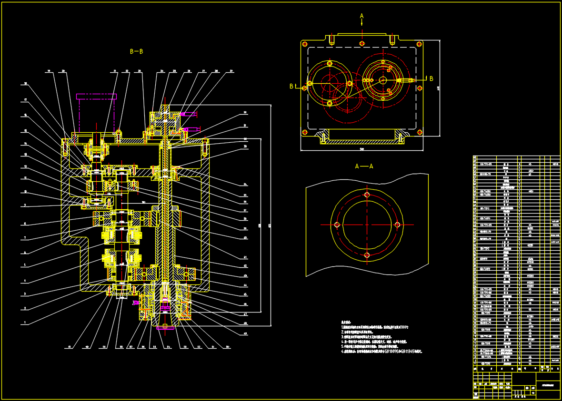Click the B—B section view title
pos(136,51)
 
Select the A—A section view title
pos(364,166)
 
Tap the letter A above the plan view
pos(361,16)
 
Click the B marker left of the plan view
pos(291,86)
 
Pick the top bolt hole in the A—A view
pos(367,195)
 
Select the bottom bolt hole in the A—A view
pos(367,255)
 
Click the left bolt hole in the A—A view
pos(337,225)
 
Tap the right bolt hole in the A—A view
pos(397,225)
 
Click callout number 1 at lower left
pos(25,323)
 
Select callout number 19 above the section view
pos(49,71)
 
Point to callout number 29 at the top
pos(231,71)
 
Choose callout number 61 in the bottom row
pos(70,347)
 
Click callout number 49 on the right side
pos(245,333)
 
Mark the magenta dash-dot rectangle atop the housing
pos(97,97)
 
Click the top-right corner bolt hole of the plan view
pos(419,44)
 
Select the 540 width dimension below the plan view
pos(361,149)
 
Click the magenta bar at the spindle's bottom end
pos(165,326)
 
